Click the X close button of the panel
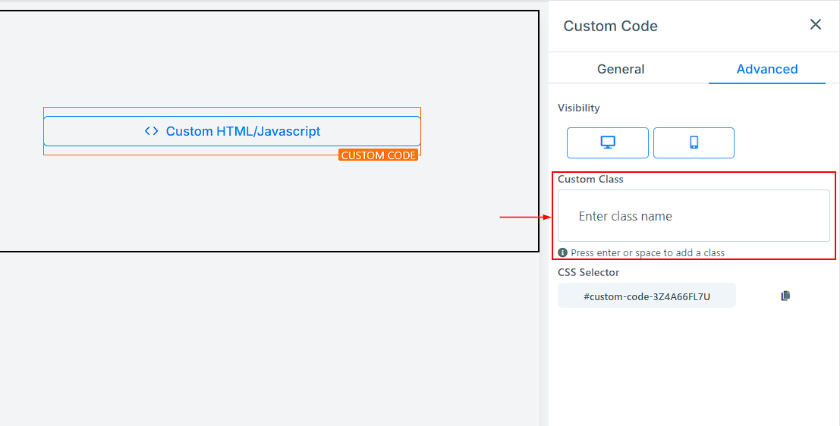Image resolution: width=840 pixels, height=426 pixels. click(816, 24)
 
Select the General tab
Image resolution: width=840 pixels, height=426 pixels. click(621, 69)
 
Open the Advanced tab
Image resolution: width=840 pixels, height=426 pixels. click(767, 69)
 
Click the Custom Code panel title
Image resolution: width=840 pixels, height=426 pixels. click(610, 26)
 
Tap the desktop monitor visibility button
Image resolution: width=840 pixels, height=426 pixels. click(608, 143)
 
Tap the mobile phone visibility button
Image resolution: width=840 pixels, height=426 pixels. click(694, 143)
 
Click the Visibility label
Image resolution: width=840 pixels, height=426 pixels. click(578, 108)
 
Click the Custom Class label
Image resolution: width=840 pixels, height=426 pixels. click(590, 180)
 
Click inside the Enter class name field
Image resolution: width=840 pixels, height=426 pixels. click(694, 216)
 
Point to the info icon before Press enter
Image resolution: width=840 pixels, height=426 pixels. click(562, 252)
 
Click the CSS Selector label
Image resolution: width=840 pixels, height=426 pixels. click(588, 272)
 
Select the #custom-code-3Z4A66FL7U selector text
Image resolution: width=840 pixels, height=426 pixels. click(647, 296)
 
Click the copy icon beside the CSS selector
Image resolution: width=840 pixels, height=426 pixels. click(785, 296)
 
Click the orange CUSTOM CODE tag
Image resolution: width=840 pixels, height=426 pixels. click(378, 155)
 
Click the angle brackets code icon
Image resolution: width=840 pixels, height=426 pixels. click(152, 130)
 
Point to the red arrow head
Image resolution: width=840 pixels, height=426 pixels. click(548, 217)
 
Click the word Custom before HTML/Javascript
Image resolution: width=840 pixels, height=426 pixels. click(190, 131)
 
